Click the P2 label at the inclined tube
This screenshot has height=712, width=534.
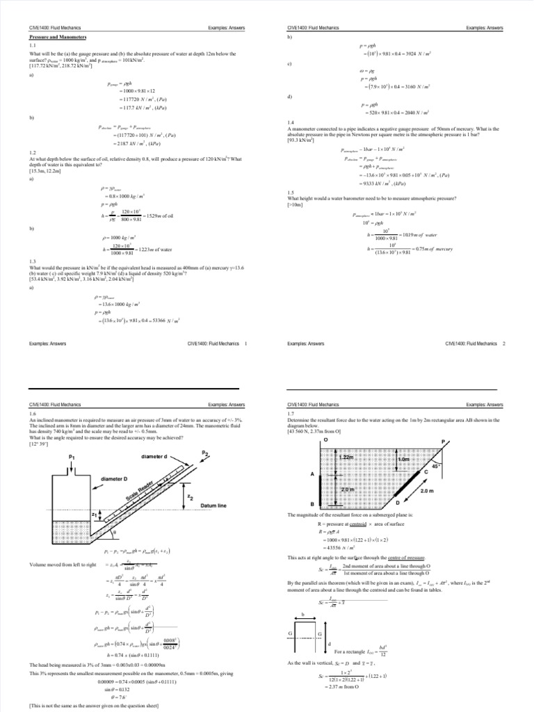pyautogui.click(x=204, y=453)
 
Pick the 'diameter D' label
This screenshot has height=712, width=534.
pyautogui.click(x=114, y=479)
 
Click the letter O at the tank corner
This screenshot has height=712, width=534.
pyautogui.click(x=325, y=440)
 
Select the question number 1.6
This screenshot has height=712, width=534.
pyautogui.click(x=33, y=413)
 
